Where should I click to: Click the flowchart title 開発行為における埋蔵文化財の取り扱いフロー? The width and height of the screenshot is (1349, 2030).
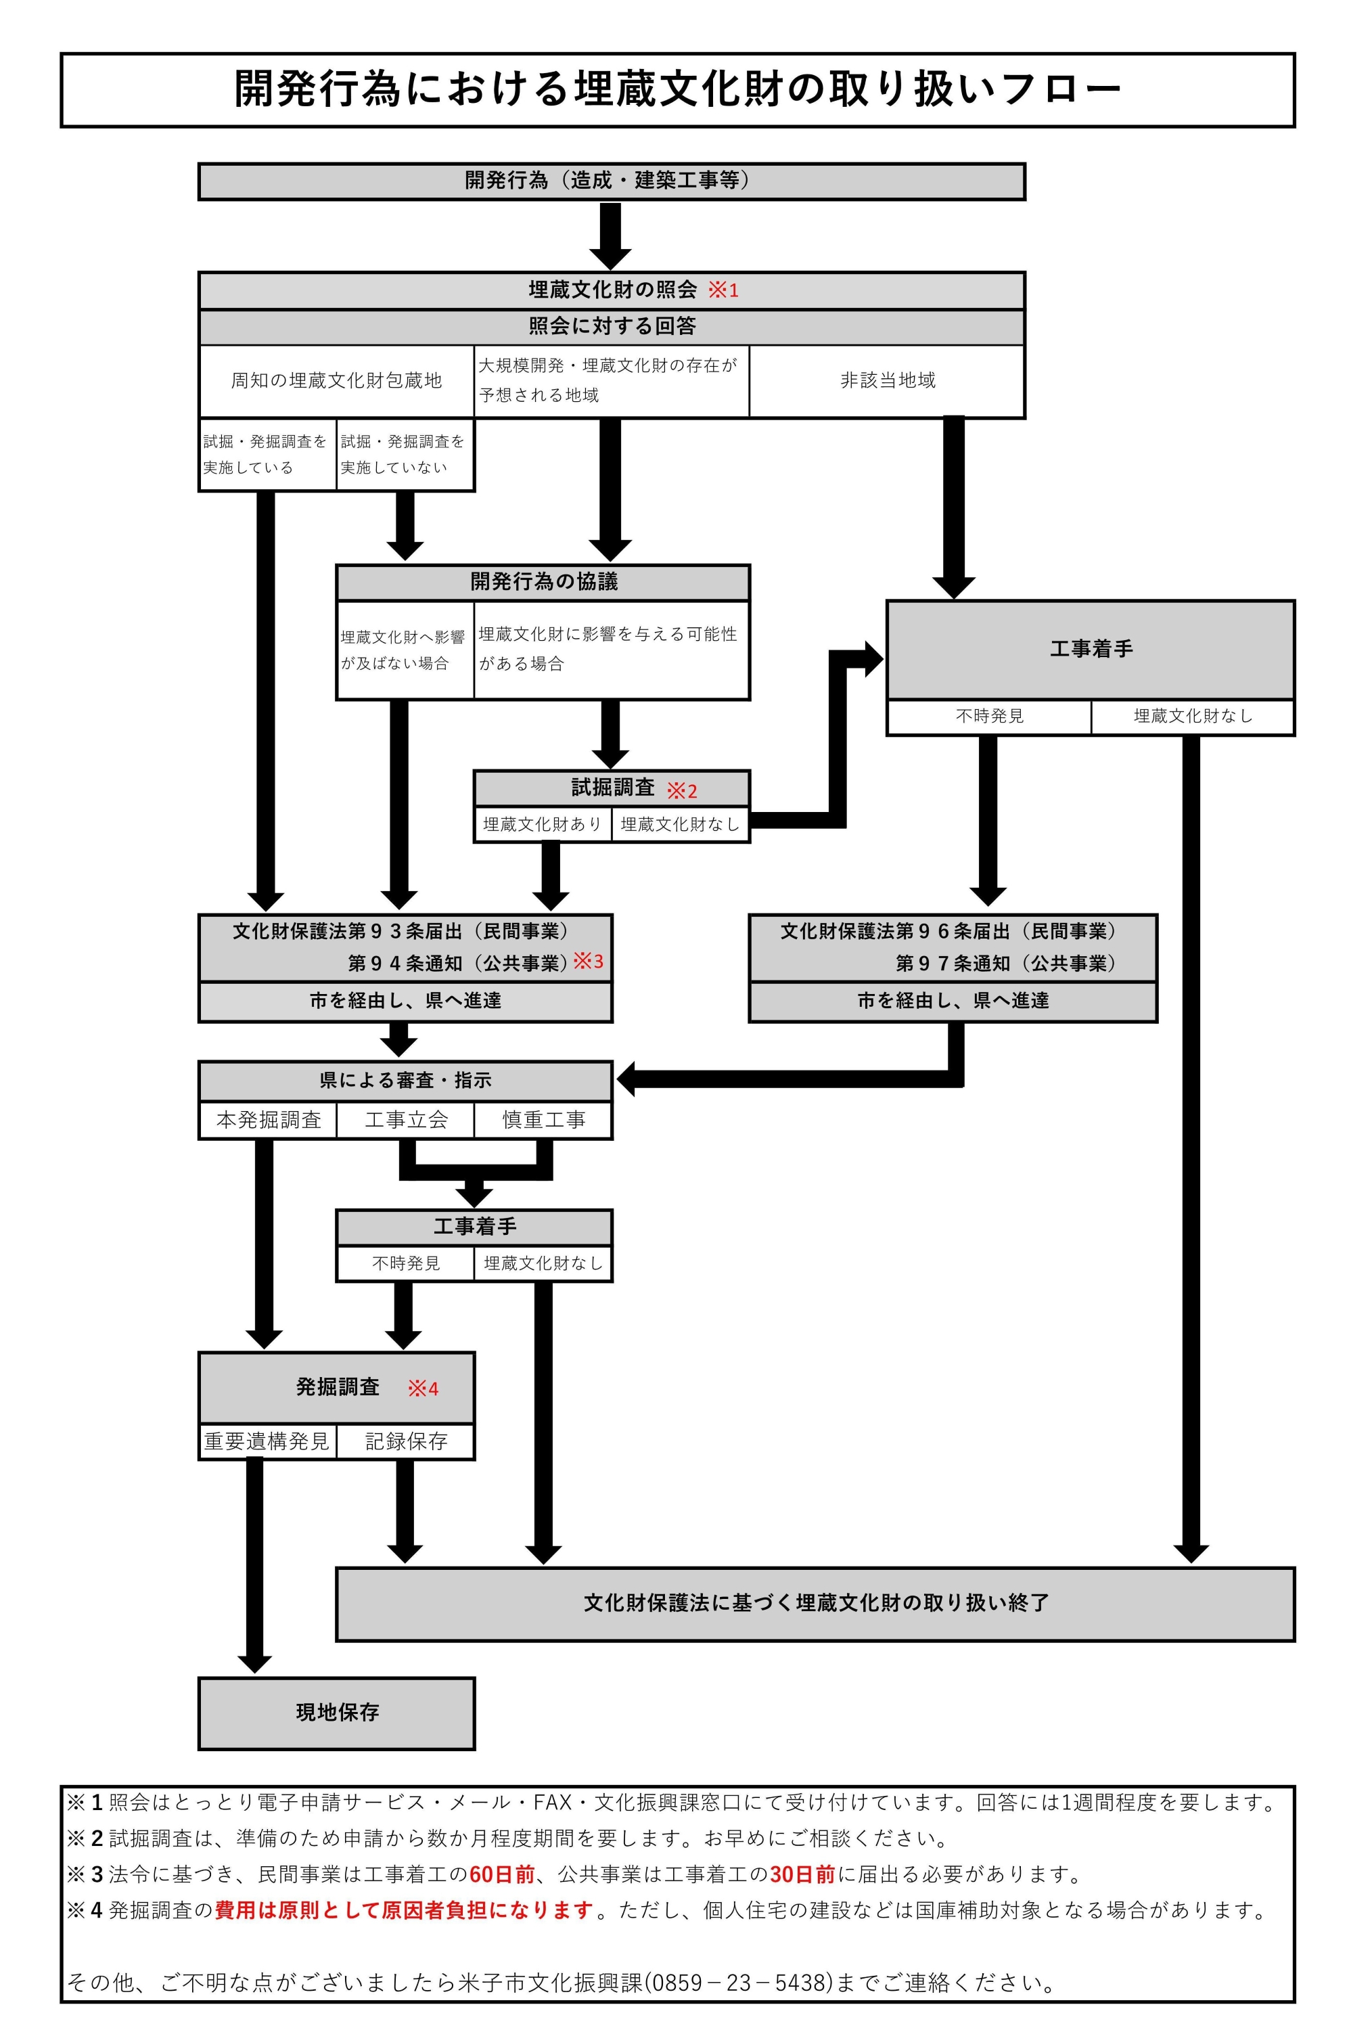pyautogui.click(x=678, y=89)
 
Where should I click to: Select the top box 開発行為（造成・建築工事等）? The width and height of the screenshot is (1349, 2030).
pyautogui.click(x=612, y=181)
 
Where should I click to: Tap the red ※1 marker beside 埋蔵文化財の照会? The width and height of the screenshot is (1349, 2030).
pyautogui.click(x=723, y=290)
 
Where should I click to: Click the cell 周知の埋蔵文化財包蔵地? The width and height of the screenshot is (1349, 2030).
pyautogui.click(x=336, y=381)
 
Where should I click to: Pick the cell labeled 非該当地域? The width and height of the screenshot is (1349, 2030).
pyautogui.click(x=887, y=381)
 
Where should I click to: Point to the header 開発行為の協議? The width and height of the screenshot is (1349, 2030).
pyautogui.click(x=543, y=583)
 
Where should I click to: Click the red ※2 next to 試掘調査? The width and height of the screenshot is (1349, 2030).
pyautogui.click(x=682, y=790)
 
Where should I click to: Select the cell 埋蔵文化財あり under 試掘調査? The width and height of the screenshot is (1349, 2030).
pyautogui.click(x=543, y=824)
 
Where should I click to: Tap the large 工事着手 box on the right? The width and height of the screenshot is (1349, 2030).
pyautogui.click(x=1091, y=649)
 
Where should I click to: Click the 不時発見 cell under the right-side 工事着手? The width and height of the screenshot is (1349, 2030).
pyautogui.click(x=989, y=717)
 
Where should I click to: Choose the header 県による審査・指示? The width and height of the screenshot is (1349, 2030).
pyautogui.click(x=405, y=1081)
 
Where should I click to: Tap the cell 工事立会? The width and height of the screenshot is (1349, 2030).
pyautogui.click(x=406, y=1120)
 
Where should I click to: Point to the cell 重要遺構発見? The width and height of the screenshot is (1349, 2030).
pyautogui.click(x=267, y=1441)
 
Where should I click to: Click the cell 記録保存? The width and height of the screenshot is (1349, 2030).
pyautogui.click(x=406, y=1441)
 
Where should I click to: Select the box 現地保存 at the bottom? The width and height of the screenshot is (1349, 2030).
pyautogui.click(x=336, y=1713)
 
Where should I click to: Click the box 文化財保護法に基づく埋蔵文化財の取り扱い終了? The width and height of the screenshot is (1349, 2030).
pyautogui.click(x=816, y=1603)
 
